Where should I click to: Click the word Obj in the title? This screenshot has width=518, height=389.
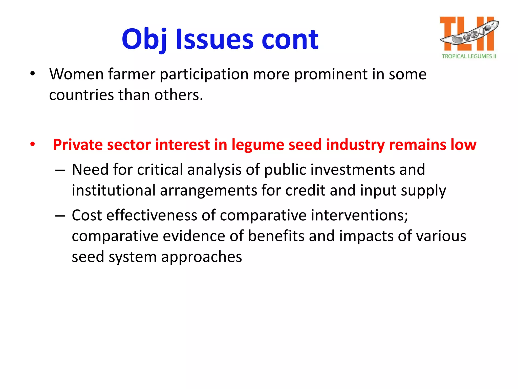tap(144, 39)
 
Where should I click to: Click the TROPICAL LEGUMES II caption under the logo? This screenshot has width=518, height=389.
tap(469, 56)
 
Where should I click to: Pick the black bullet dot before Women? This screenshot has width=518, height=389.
tap(32, 74)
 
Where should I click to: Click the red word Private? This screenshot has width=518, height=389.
tap(77, 145)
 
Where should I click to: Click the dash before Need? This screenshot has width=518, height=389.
tap(60, 170)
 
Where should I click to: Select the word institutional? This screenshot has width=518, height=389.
tap(114, 190)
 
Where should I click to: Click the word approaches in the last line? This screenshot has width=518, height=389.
tap(202, 257)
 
